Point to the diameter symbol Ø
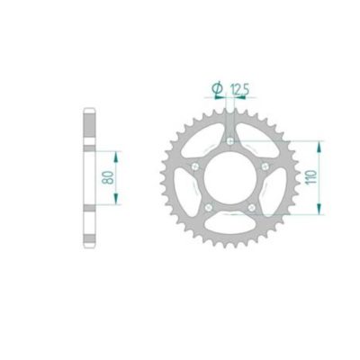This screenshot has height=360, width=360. [x=218, y=86]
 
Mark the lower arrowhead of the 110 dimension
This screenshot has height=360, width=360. [x=319, y=214]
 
